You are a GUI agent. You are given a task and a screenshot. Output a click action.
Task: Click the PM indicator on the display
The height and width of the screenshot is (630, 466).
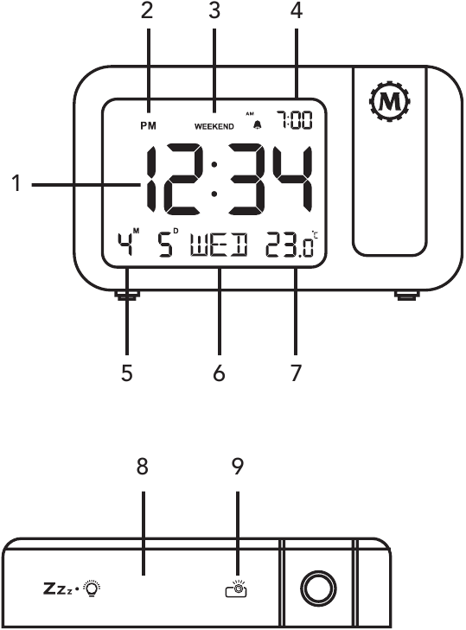tap(148, 126)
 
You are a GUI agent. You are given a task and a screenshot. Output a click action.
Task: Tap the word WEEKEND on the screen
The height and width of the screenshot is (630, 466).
tap(214, 126)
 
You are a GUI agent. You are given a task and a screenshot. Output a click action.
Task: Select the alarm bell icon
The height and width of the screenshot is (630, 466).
tap(257, 125)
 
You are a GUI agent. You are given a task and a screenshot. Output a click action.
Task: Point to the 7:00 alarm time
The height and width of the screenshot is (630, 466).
tap(294, 120)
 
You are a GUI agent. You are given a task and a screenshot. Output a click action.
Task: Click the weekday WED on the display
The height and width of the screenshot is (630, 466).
tap(219, 245)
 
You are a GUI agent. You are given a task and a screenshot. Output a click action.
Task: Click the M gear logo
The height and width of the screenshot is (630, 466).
tap(391, 102)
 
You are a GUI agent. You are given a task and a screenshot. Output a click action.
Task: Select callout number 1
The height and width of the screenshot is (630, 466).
tap(16, 183)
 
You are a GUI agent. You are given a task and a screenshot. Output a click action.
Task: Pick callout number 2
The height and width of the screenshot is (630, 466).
tap(147, 10)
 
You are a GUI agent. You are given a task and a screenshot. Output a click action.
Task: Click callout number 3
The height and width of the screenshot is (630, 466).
tap(214, 10)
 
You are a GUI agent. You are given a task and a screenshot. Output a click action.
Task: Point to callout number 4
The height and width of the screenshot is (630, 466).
tap(296, 10)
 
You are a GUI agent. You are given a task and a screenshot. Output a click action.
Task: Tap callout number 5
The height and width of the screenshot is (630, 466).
tap(126, 372)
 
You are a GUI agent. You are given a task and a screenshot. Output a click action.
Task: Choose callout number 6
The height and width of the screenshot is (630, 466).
tap(219, 372)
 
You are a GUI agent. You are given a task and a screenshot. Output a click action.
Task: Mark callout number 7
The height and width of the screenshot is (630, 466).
tap(296, 372)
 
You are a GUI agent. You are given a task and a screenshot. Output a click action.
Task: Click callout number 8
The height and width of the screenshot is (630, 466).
tap(143, 467)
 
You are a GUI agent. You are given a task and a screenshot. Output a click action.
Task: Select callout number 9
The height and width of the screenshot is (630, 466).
tap(238, 467)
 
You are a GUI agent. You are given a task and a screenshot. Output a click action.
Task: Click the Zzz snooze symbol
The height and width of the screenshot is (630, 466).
tap(58, 589)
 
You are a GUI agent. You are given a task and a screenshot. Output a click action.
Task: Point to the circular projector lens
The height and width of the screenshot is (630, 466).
tap(319, 589)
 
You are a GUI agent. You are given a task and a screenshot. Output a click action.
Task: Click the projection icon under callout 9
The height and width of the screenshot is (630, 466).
tap(236, 589)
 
